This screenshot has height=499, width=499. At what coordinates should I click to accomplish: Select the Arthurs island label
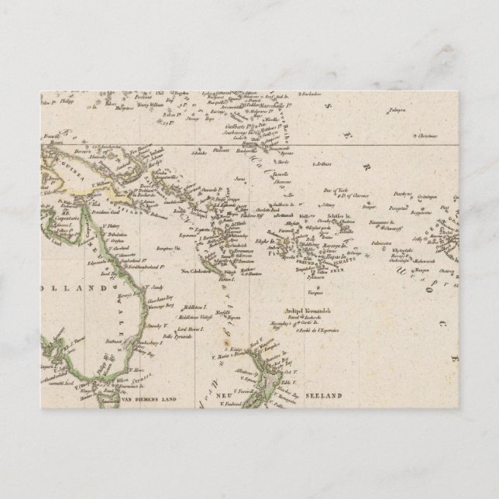pyautogui.click(x=324, y=164)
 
